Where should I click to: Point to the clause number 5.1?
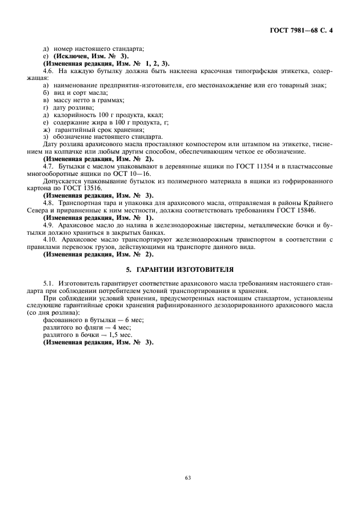click(49, 283)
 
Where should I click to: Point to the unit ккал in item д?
click(139, 115)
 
